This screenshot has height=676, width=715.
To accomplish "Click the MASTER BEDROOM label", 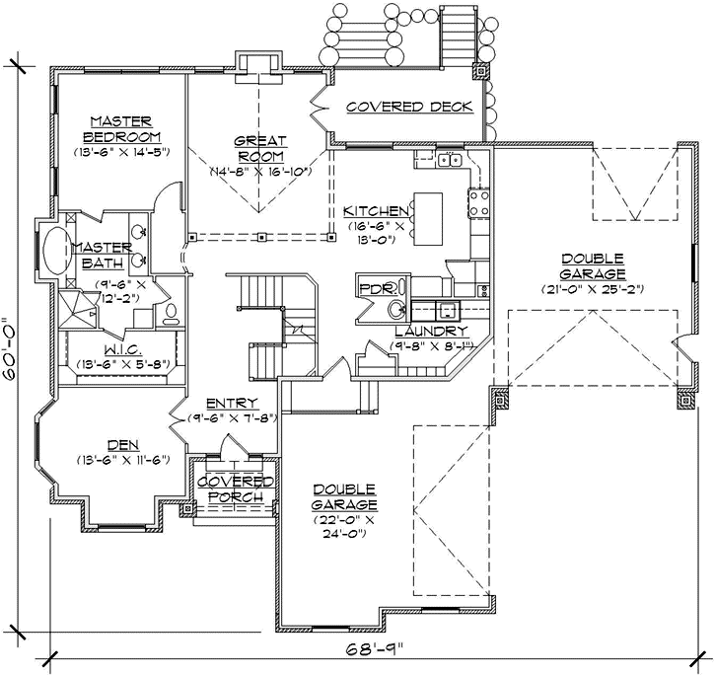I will click(121, 128).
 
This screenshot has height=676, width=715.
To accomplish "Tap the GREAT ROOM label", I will click(260, 148).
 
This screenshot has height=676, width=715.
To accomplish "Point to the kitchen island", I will click(428, 219).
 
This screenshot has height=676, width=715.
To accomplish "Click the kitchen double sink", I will click(451, 160).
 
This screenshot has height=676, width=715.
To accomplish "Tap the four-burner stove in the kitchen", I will click(479, 202).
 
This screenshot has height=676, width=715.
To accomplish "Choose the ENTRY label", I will click(232, 403).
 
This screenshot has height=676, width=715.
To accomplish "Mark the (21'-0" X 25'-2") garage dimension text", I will click(592, 289).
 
